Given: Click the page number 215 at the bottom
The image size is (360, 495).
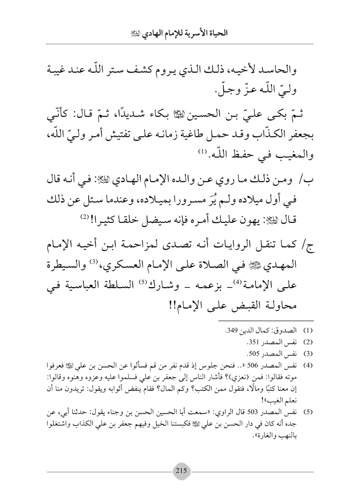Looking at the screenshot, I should (x=180, y=467).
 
